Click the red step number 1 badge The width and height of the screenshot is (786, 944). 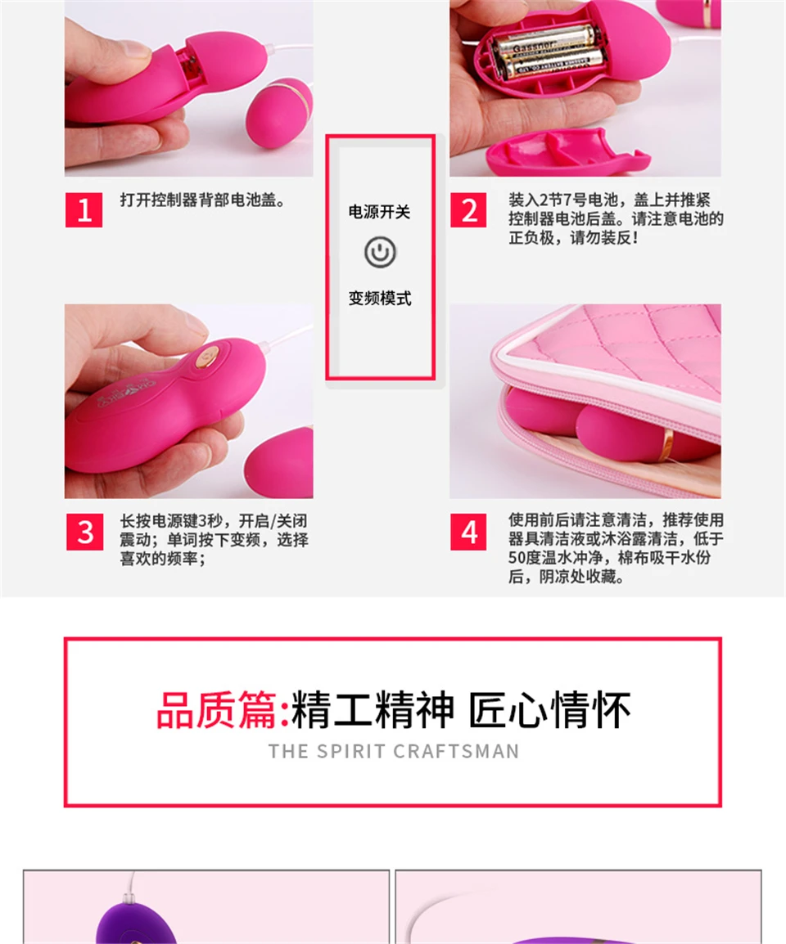coord(84,210)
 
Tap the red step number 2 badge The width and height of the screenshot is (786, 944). coord(468,210)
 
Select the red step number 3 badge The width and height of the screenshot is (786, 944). coord(85,532)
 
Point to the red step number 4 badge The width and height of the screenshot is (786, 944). coord(468,532)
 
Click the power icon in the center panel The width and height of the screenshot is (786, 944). coord(380,252)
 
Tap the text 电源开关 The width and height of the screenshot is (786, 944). coord(379,212)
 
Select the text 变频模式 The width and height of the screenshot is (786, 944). coord(380,298)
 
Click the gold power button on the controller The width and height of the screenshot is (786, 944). coord(209,357)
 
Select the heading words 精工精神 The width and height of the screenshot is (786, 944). coord(373,710)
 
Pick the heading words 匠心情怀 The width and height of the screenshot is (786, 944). coord(549,710)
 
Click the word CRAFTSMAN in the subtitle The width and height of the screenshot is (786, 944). coord(456,751)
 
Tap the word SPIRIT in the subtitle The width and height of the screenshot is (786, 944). coord(350,751)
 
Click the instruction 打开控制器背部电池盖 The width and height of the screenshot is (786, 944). coord(202,200)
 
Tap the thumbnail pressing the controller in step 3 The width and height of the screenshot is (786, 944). coord(188,401)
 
